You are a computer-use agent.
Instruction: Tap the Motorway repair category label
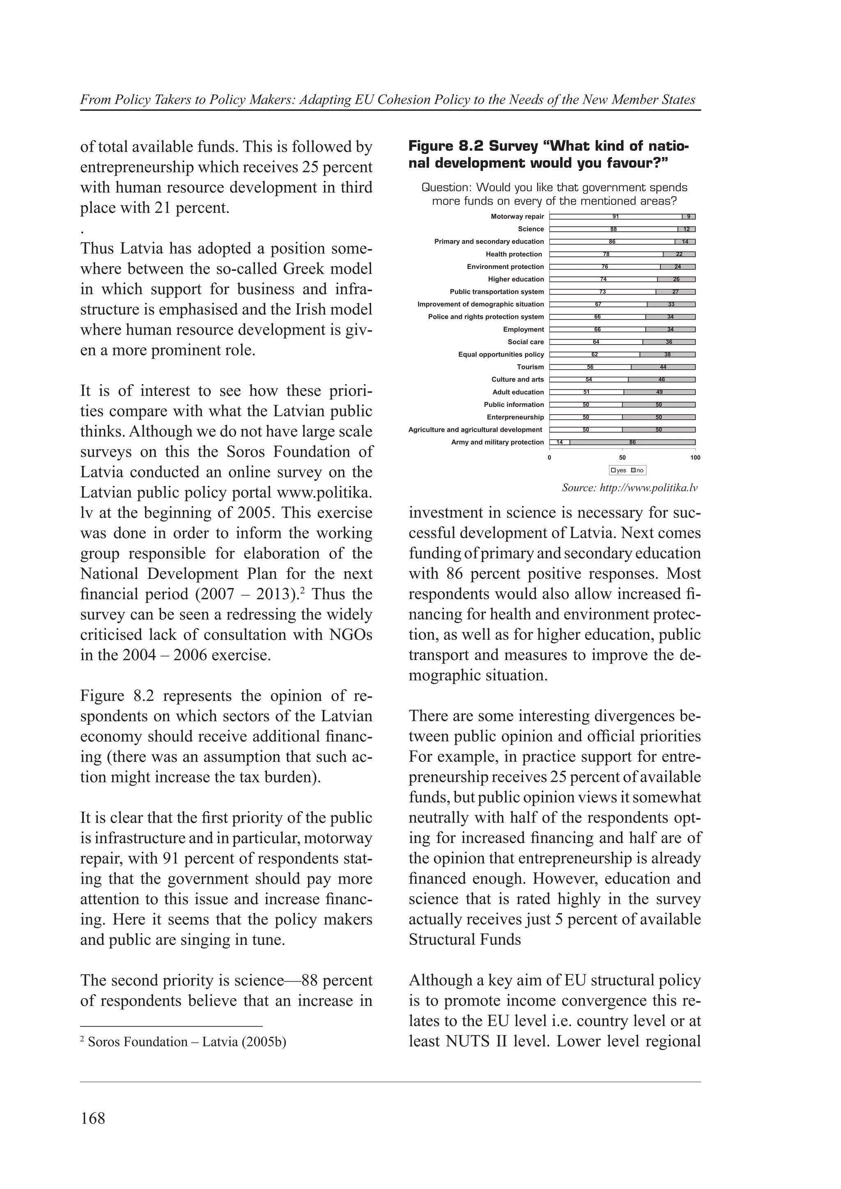pos(517,217)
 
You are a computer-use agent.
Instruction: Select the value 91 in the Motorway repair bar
pos(616,217)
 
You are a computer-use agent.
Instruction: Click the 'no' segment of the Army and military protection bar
pos(632,442)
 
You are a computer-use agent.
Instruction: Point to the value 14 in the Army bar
pos(560,442)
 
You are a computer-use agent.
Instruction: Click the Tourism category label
pos(530,367)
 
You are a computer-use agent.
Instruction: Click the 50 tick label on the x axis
pos(622,458)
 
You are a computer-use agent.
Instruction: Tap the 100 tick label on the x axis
pos(695,458)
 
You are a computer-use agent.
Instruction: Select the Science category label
pos(531,229)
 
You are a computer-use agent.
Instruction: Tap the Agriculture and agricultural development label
pos(475,430)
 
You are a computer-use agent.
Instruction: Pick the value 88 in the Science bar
pos(614,229)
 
